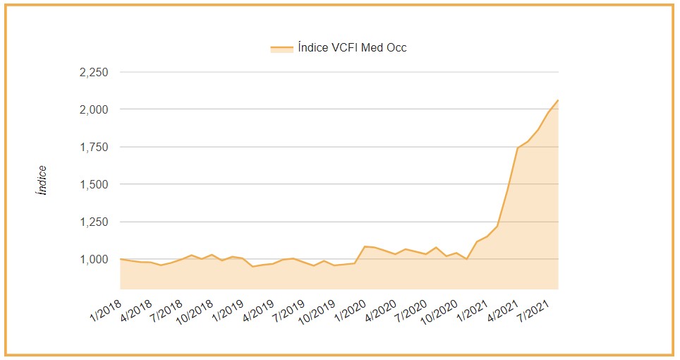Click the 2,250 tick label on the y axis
point(93,73)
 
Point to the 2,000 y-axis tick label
point(93,110)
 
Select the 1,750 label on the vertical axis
point(93,148)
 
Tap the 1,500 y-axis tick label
point(93,185)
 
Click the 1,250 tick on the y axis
point(93,222)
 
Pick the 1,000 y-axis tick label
point(93,260)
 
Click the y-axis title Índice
point(42,180)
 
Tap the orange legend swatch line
point(281,48)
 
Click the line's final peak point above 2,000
point(558,100)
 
